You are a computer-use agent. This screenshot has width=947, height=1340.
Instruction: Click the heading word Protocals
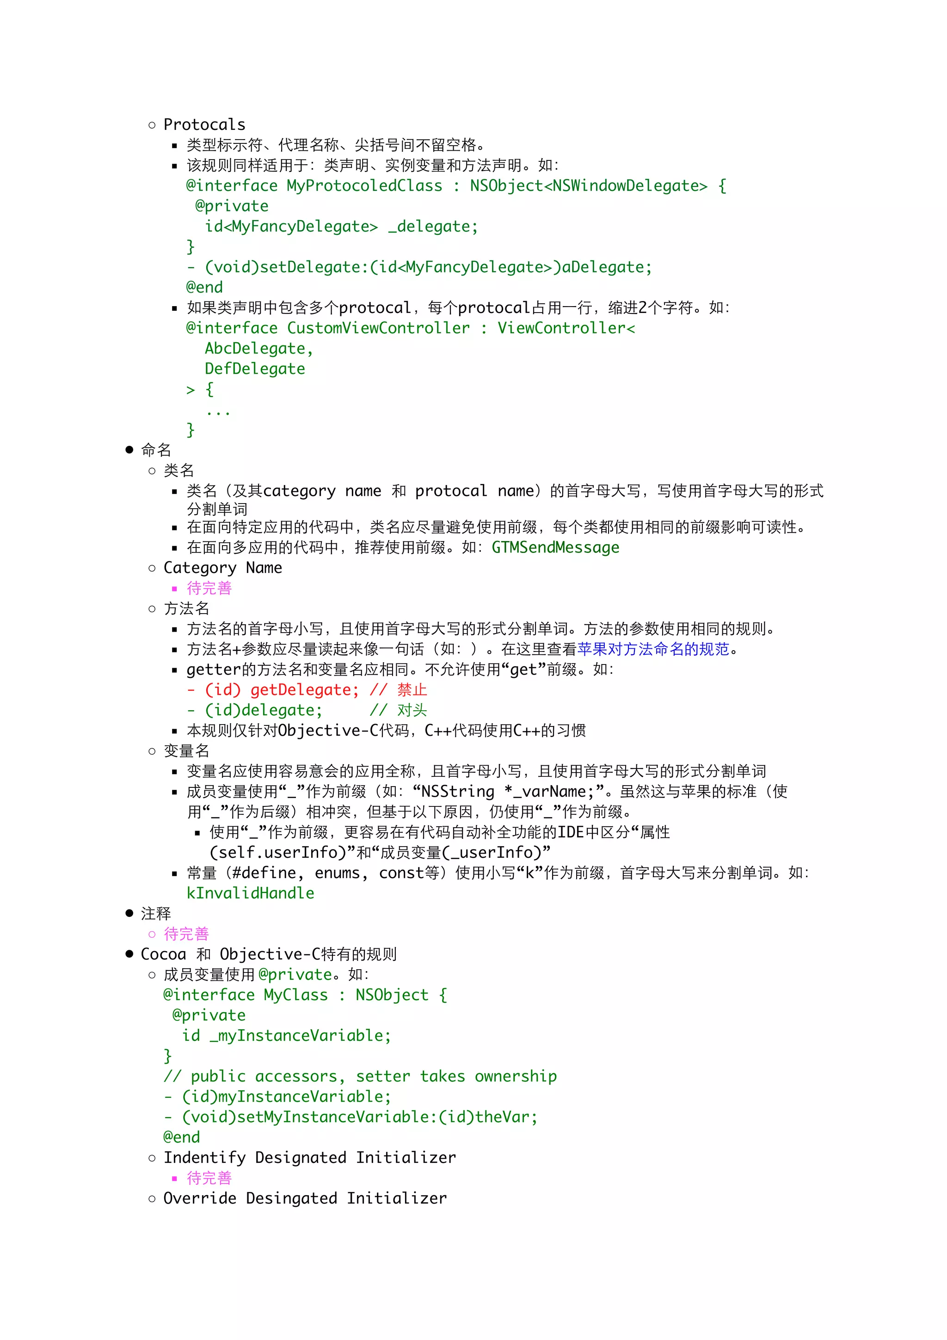coord(204,124)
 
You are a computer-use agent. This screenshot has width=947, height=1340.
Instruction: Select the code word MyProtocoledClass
coord(364,185)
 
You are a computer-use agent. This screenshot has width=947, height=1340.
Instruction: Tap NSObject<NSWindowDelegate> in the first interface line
coord(588,185)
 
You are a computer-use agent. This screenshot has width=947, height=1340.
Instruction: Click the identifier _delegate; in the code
coord(433,227)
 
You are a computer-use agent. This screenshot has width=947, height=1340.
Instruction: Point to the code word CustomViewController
coord(378,328)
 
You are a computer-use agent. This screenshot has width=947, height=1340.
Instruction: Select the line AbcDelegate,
coord(258,349)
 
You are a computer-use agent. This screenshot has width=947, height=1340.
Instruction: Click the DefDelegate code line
coord(254,369)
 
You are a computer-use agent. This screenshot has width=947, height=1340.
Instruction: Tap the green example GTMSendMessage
coord(555,547)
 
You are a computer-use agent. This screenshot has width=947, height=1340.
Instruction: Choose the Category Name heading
coord(222,568)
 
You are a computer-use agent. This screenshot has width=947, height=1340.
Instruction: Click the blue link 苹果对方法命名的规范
coord(653,649)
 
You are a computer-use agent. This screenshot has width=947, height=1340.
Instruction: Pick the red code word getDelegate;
coord(304,690)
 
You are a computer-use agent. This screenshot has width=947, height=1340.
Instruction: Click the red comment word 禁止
coord(412,690)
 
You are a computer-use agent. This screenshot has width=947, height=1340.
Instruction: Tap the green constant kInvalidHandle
coord(250,893)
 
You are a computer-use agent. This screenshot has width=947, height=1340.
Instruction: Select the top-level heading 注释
coord(156,913)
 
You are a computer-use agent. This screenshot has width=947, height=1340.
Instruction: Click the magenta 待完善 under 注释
coord(186,934)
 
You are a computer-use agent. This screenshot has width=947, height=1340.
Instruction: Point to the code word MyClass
coord(296,995)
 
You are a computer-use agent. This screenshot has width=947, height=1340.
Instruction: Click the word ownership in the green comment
coord(515,1076)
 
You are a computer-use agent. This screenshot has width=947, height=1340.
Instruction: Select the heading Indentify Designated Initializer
coord(309,1157)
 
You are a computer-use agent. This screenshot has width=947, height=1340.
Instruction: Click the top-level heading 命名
coord(156,450)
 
